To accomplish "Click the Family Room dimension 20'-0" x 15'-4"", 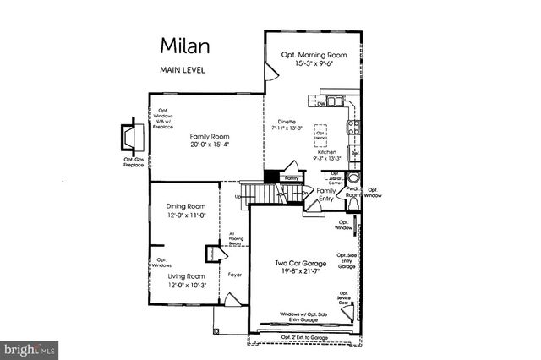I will pyautogui.click(x=210, y=144).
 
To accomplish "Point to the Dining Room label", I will pyautogui.click(x=185, y=206).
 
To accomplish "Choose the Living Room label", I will pyautogui.click(x=185, y=276).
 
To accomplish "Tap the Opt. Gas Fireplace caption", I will pyautogui.click(x=131, y=163).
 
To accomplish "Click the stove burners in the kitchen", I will pyautogui.click(x=355, y=128).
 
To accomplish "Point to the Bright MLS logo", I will pyautogui.click(x=30, y=348).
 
